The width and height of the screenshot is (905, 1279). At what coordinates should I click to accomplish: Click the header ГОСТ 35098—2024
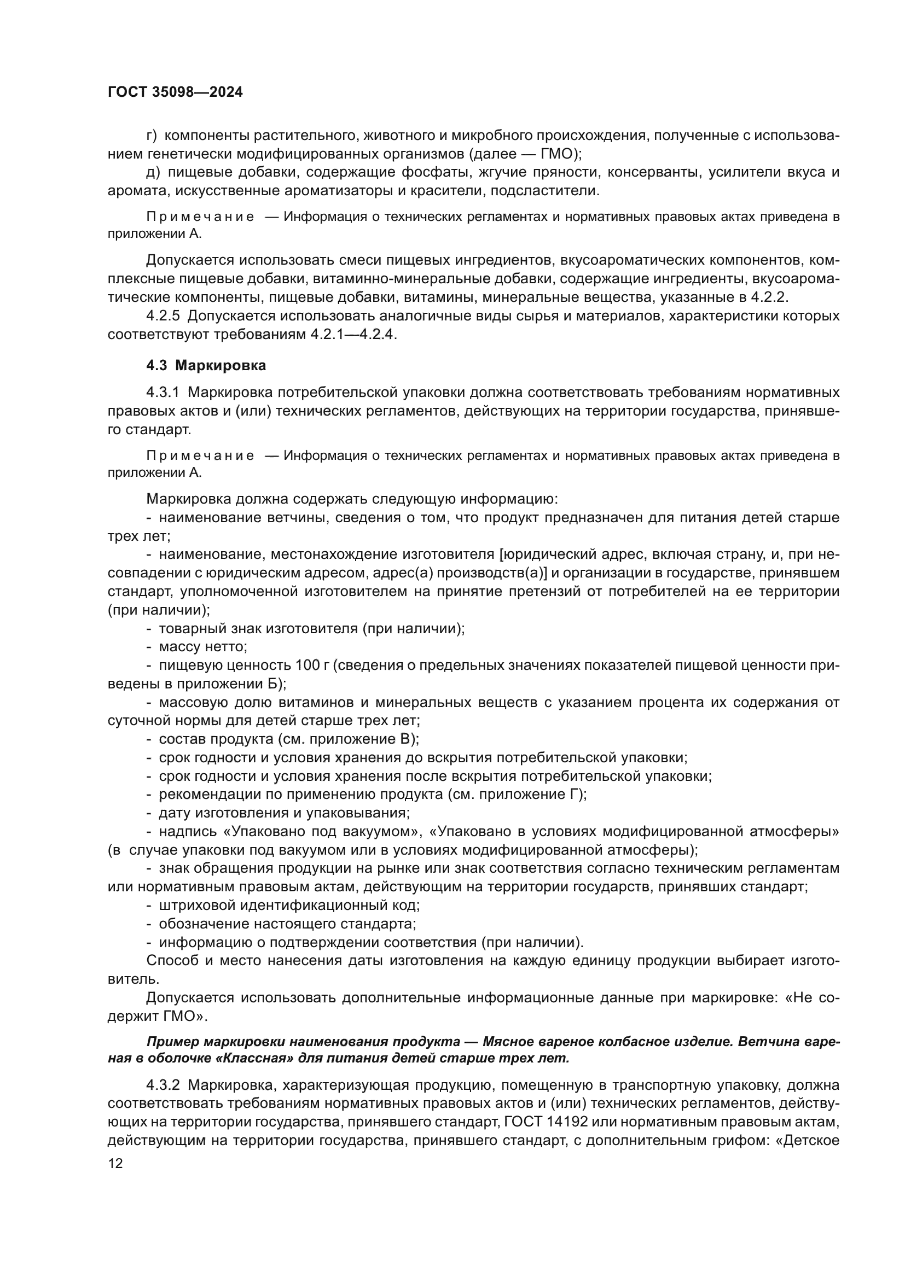coord(175,92)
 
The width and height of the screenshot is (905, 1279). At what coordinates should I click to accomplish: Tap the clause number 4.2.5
coord(163,316)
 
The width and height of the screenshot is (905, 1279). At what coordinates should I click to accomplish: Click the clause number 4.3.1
coord(163,392)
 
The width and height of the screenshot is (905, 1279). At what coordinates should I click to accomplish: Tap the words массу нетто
coord(203,647)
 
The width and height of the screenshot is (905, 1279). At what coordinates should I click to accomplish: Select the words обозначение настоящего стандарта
coord(288,924)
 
